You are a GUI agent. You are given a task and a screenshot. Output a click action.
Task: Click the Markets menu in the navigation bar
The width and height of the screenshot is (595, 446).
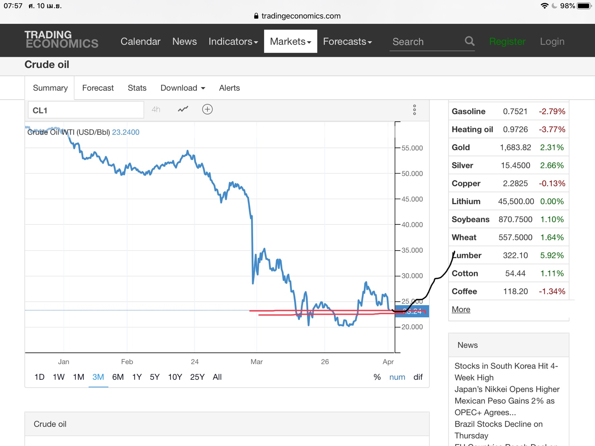(290, 41)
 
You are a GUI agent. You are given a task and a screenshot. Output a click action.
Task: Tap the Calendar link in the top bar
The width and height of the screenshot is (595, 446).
(140, 41)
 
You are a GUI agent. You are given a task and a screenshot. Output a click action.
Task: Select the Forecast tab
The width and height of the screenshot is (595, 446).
(98, 88)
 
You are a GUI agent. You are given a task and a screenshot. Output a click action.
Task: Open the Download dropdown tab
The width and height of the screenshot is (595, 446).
(182, 88)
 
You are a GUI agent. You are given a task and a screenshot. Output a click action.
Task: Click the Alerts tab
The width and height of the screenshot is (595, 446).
(229, 88)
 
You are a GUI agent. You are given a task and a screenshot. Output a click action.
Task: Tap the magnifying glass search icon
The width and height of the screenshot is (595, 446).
(470, 41)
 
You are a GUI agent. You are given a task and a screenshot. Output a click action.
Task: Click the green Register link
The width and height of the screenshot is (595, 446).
(507, 41)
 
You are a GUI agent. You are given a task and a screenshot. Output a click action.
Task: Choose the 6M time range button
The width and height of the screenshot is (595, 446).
(118, 377)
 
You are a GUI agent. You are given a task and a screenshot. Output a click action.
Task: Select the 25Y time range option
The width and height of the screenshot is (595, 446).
(197, 377)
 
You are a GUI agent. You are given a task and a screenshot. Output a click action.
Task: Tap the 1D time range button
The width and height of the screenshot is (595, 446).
(39, 377)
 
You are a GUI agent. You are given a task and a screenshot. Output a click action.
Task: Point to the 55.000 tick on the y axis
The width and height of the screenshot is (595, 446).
(412, 148)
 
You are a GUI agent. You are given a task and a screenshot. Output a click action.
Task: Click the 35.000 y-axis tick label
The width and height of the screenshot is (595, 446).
(412, 250)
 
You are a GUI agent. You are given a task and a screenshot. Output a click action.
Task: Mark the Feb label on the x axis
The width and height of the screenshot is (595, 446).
(127, 362)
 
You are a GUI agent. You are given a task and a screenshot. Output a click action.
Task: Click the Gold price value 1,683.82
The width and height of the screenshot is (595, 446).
(515, 147)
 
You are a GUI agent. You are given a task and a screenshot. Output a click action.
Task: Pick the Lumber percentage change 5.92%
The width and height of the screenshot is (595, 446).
(552, 255)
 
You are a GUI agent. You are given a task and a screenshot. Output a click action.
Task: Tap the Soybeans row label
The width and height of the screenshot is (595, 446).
(470, 219)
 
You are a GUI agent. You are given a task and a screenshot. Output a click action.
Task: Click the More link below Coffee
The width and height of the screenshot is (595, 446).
(461, 309)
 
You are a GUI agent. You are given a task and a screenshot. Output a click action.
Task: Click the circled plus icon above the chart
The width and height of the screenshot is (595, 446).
(207, 109)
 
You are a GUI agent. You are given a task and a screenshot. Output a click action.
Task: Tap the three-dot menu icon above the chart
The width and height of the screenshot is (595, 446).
(415, 110)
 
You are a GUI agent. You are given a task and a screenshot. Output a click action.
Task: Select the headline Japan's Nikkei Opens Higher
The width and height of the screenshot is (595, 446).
(507, 389)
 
